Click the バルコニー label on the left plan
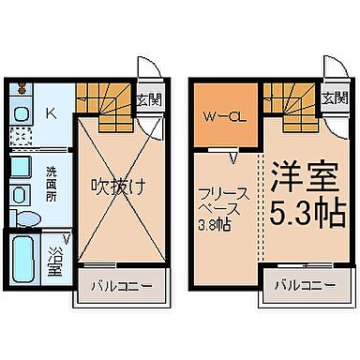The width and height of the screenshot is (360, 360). pyautogui.click(x=122, y=285)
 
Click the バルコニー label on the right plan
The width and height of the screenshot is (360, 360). pyautogui.click(x=307, y=285)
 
